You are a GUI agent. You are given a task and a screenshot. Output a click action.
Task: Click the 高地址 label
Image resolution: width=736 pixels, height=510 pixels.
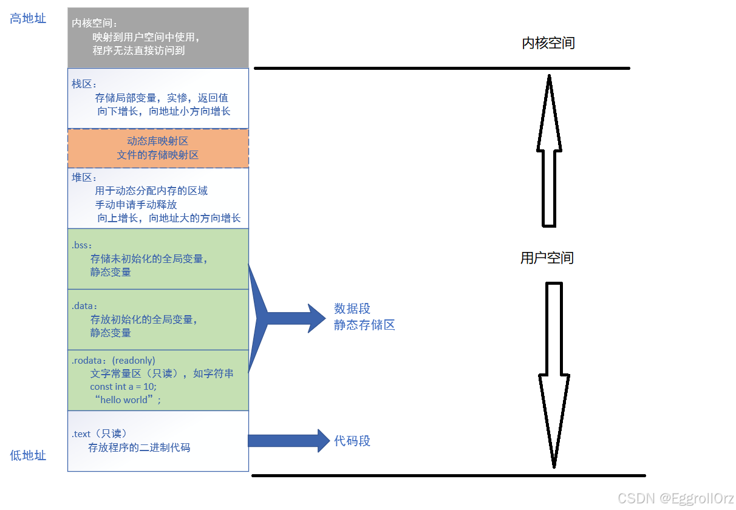[28, 19]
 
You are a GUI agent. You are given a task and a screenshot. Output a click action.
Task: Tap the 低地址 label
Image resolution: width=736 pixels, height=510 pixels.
[28, 455]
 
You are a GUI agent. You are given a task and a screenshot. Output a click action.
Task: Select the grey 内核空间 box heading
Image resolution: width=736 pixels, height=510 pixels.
[94, 23]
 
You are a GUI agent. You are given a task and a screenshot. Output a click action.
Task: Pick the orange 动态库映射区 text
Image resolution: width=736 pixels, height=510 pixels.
[158, 141]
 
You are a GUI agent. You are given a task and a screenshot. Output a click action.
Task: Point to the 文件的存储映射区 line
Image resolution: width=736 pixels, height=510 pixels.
[158, 155]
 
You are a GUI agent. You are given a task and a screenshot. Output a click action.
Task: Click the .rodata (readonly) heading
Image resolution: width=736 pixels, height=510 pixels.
[114, 360]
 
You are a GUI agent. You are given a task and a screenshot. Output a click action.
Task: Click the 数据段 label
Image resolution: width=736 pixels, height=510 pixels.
[352, 308]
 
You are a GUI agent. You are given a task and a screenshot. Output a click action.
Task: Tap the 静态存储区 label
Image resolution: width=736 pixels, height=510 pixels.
[364, 325]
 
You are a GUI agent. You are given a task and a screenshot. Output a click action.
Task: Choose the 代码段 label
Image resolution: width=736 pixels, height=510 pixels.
[352, 441]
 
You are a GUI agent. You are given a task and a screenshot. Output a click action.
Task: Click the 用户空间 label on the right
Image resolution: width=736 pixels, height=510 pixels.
[547, 258]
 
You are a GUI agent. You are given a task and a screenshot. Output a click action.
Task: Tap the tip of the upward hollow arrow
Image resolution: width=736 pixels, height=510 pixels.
[549, 77]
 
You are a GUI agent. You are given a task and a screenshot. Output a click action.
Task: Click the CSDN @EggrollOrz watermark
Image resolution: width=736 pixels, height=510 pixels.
[675, 498]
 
